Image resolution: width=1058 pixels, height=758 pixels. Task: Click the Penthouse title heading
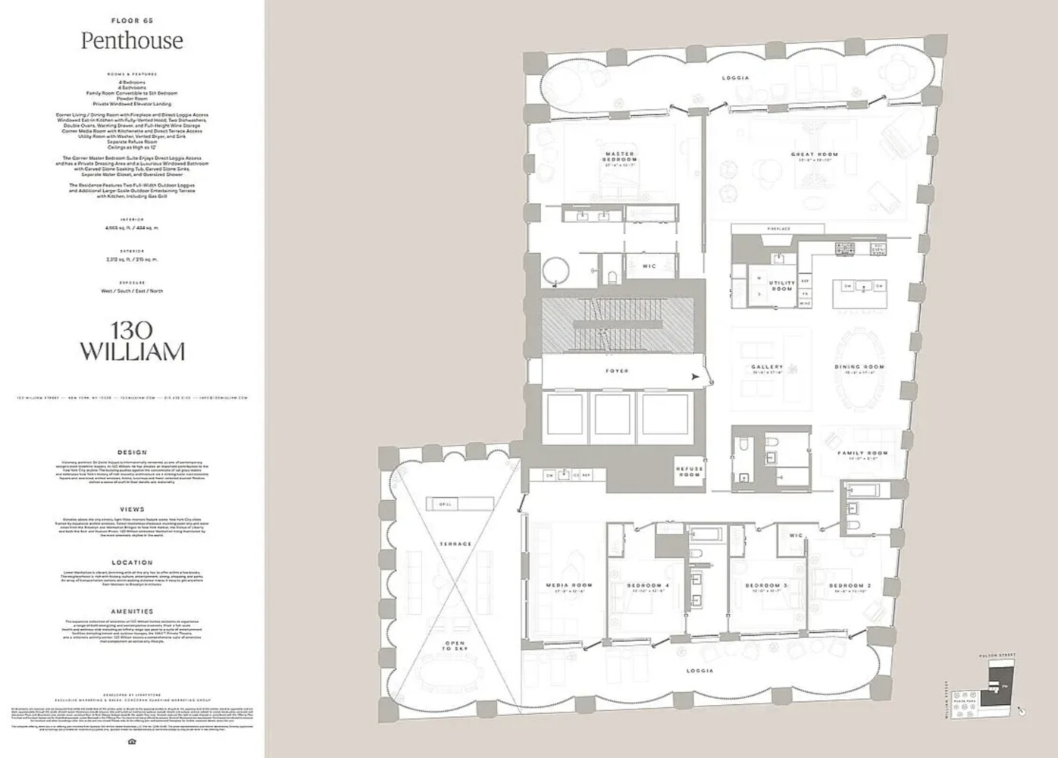click(x=132, y=41)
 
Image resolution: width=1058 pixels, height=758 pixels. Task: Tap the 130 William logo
click(x=132, y=341)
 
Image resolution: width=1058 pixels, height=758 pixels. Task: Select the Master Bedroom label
click(x=619, y=157)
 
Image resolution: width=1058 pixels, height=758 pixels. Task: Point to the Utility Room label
click(x=781, y=286)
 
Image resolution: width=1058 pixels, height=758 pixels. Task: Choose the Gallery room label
click(x=767, y=369)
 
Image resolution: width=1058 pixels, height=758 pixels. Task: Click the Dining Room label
click(x=859, y=369)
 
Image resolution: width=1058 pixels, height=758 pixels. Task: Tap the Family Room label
click(x=862, y=455)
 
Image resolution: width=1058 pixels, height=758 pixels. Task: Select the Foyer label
click(x=616, y=371)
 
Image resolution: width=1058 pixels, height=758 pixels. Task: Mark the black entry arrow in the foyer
click(x=694, y=376)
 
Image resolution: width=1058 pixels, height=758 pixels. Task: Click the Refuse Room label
click(x=690, y=471)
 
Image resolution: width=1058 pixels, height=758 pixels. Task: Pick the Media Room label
click(x=569, y=587)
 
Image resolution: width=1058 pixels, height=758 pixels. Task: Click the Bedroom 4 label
click(x=648, y=587)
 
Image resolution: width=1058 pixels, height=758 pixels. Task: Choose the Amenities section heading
click(x=132, y=611)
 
